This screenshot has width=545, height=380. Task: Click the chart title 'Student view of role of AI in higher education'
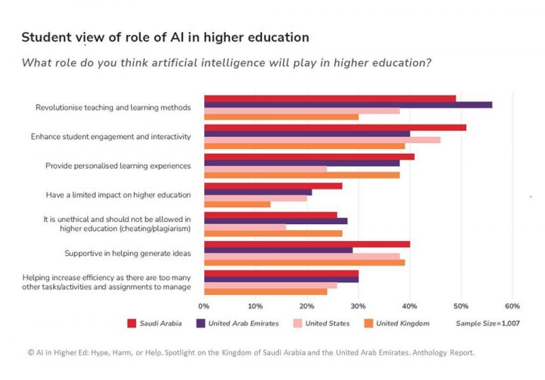165,36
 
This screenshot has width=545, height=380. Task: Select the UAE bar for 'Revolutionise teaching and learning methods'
348,105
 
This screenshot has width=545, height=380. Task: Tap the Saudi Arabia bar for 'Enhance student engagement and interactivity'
335,128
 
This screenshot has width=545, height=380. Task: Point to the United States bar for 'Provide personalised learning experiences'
265,169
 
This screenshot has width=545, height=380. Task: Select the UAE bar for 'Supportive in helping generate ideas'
278,250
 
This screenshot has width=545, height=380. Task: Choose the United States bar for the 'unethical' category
245,228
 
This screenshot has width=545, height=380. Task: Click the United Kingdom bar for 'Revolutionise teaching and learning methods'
281,117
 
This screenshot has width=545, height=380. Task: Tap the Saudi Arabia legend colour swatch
132,324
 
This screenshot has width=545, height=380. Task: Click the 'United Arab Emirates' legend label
243,324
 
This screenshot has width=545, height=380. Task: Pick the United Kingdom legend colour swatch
368,324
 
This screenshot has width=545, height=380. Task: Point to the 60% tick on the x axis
512,306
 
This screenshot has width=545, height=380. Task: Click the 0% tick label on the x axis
204,306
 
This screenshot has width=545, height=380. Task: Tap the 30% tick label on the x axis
358,306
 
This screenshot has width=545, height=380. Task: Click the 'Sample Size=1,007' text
488,324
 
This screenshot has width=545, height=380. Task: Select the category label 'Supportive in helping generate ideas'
128,253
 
